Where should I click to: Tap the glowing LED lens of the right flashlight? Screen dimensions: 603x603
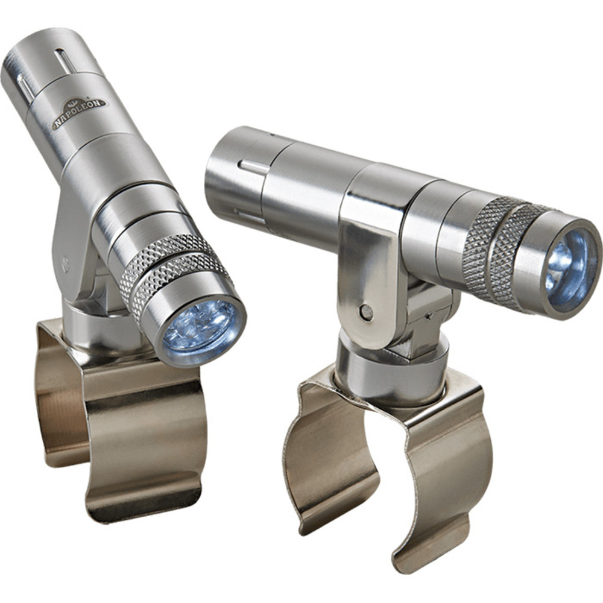click(x=570, y=265)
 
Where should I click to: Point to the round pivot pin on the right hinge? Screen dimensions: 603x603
click(x=366, y=311)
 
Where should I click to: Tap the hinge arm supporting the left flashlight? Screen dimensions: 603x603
click(x=75, y=241)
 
